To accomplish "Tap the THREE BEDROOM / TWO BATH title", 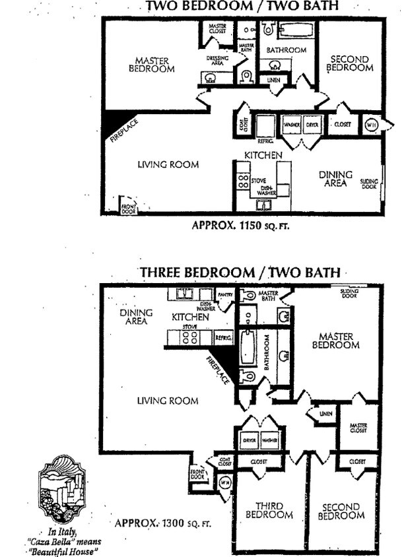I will (x=240, y=272).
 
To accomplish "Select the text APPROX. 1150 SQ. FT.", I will (x=240, y=225).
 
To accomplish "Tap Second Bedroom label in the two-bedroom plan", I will (x=350, y=63).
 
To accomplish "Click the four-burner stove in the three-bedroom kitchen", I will (x=191, y=337).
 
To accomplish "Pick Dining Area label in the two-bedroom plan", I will (x=337, y=179).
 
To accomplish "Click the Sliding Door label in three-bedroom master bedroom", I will (x=350, y=293).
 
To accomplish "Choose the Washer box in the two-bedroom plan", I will (x=292, y=125).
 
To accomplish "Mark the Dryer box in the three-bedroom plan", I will (x=250, y=439).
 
